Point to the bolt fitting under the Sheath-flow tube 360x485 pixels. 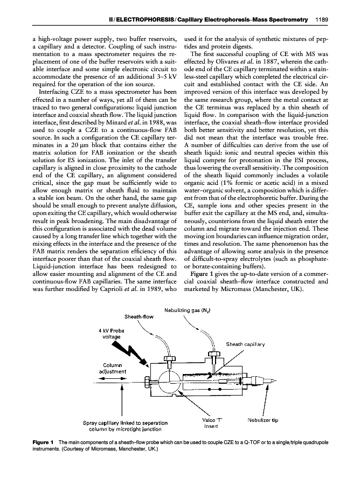pyautogui.click(x=170, y=357)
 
